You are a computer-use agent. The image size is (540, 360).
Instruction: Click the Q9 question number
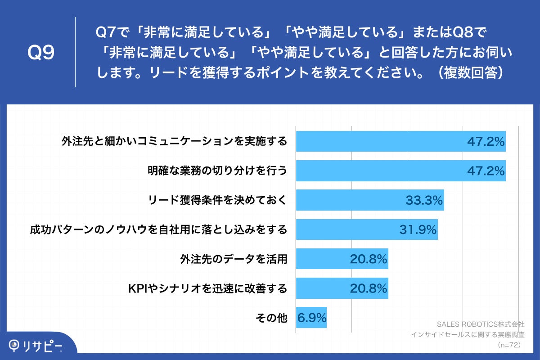coord(41,53)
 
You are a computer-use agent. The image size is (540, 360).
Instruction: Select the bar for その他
coord(311,318)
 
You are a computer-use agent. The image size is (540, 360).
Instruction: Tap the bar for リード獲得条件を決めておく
coord(369,200)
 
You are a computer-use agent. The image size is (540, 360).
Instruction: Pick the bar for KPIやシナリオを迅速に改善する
coord(342,288)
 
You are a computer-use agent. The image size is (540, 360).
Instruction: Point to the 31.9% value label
coord(418,229)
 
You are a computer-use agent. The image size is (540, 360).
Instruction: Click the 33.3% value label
coord(424,200)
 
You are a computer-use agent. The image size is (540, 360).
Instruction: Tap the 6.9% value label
coord(311,318)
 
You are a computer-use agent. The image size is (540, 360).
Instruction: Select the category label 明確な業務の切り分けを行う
coord(217,171)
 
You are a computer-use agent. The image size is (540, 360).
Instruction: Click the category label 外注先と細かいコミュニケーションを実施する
coord(174,141)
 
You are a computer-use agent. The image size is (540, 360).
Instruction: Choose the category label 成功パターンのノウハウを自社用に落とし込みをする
coord(158,230)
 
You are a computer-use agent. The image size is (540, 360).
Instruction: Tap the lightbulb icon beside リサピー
coord(15,345)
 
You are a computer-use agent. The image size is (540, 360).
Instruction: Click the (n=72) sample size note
coord(508,345)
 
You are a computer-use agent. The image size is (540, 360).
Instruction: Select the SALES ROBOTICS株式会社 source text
coord(481,324)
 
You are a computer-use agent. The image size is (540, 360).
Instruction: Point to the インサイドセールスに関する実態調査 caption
coord(468,334)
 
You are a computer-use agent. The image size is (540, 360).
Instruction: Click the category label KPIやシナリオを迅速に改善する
coord(207,289)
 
